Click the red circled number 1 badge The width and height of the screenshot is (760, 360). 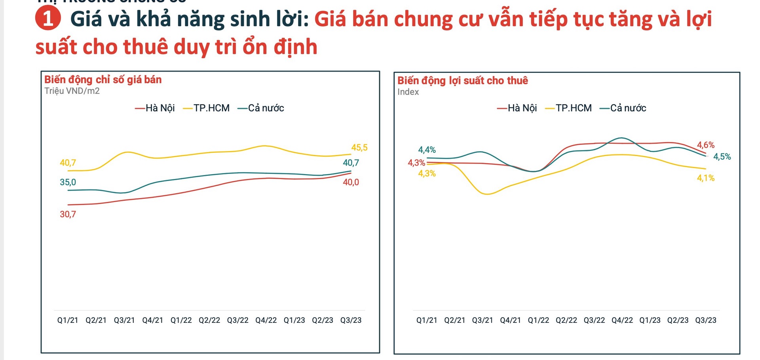48,19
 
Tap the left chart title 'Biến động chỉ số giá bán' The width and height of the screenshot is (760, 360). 103,80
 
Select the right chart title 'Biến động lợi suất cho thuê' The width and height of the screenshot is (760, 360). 462,80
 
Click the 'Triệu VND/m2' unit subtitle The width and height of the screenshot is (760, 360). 72,91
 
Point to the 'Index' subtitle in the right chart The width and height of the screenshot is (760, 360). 408,92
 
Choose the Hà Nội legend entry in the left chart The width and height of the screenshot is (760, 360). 155,108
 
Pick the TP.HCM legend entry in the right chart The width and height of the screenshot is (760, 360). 568,108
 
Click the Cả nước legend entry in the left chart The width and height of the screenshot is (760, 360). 261,108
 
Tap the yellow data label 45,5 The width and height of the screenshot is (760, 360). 359,148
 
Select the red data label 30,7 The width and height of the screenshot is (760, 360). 68,214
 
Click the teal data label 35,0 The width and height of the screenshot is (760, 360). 68,182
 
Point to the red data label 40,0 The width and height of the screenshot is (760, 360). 351,182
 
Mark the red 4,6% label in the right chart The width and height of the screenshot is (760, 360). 705,145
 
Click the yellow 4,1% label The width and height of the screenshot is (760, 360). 705,178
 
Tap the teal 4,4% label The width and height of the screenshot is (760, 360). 427,150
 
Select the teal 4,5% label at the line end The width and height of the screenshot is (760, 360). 722,157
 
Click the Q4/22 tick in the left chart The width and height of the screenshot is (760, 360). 266,320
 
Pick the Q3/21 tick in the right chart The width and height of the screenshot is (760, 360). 482,320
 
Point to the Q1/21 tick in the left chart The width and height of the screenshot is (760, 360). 68,320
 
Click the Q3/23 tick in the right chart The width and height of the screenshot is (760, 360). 705,320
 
